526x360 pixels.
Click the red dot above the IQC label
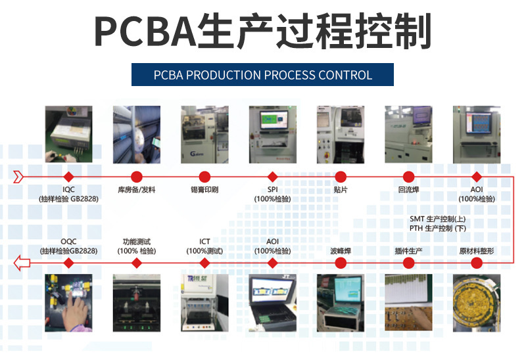(x=69, y=177)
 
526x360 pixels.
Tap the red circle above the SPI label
(x=273, y=177)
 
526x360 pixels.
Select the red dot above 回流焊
(x=408, y=177)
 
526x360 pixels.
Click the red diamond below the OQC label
(x=69, y=263)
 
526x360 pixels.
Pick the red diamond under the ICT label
(x=204, y=263)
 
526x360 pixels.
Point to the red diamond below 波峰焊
(x=341, y=263)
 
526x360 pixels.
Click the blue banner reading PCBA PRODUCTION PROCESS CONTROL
(x=262, y=75)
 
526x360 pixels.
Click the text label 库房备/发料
(x=137, y=190)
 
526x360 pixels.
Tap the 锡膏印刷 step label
(x=204, y=190)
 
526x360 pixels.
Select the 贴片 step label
(x=341, y=190)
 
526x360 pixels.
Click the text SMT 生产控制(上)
(x=438, y=219)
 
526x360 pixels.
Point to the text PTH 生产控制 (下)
(x=438, y=228)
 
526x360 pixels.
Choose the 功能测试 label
(x=137, y=242)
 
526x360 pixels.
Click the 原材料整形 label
(x=477, y=251)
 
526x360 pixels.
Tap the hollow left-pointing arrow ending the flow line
(x=22, y=263)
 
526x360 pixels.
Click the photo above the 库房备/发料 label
(x=137, y=135)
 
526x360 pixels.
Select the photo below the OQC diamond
(x=69, y=303)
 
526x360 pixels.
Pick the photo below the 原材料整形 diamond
(x=477, y=303)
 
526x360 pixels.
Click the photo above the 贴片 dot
(x=341, y=135)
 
